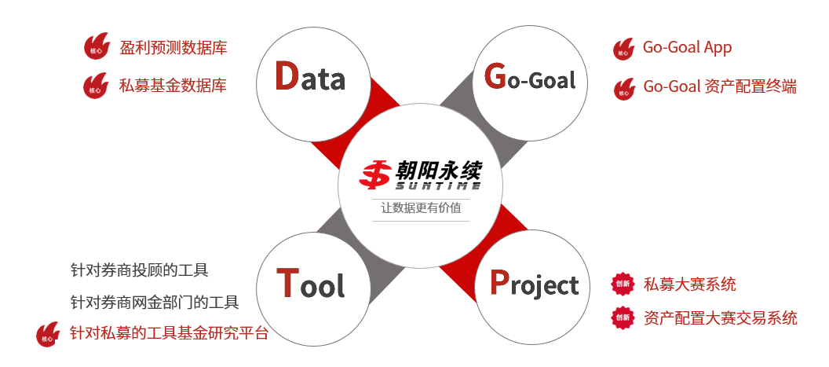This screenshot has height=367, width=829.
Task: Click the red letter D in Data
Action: [287, 76]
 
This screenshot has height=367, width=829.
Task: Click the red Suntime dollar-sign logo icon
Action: [375, 174]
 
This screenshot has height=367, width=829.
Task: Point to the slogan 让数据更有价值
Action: [422, 207]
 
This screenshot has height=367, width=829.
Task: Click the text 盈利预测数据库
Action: [173, 48]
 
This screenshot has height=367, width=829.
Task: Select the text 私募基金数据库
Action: [173, 85]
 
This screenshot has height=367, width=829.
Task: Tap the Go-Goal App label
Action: [688, 48]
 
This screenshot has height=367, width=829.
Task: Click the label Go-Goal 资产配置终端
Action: [720, 86]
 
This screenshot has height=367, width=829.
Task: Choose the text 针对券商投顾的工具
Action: [140, 270]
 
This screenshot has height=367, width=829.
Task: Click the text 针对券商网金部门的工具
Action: [155, 303]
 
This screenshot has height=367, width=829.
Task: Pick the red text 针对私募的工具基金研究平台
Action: [170, 334]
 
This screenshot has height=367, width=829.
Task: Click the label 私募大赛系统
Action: [689, 284]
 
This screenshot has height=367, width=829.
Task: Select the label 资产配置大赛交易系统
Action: [720, 317]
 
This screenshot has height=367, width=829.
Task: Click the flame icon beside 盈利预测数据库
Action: [97, 46]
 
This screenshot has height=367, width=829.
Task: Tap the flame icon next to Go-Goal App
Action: [623, 49]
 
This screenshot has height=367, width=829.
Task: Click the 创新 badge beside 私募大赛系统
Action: [623, 284]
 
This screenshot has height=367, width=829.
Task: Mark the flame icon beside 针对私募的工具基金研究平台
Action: [48, 334]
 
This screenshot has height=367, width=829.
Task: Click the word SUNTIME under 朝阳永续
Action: [438, 185]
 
